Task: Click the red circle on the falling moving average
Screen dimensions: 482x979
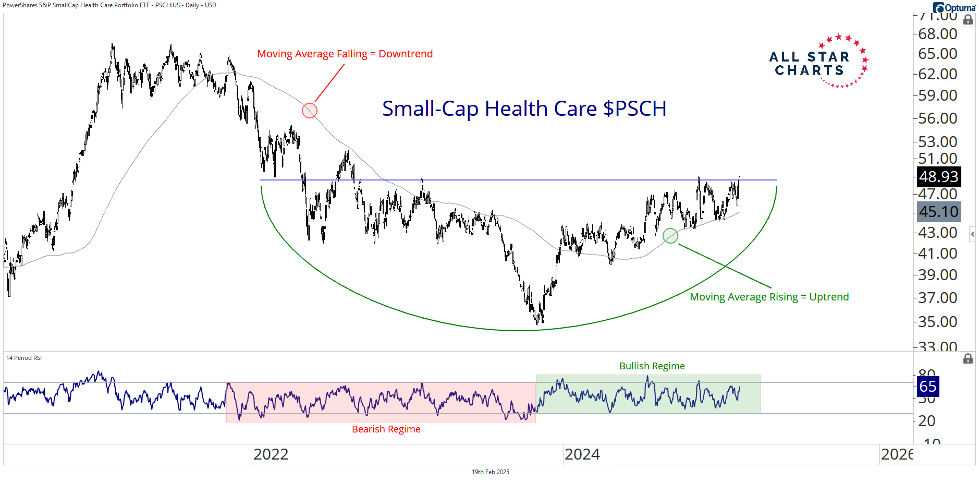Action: pos(310,111)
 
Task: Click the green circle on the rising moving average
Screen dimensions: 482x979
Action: pos(670,236)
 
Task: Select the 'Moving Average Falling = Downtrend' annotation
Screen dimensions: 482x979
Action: pos(345,54)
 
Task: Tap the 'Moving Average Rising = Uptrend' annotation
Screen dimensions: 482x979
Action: pos(769,297)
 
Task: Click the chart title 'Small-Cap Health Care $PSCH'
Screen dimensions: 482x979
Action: pos(524,109)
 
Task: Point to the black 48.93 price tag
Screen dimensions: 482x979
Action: pos(938,177)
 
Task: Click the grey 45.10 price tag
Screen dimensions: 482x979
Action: pos(938,212)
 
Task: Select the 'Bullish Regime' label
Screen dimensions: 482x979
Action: pos(652,366)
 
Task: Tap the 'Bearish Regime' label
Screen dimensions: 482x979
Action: pos(386,429)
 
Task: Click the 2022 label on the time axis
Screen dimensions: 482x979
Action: pos(271,454)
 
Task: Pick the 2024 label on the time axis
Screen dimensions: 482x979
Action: pos(582,454)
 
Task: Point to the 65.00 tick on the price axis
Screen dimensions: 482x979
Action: pos(937,54)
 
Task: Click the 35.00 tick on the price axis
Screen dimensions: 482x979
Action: pos(937,322)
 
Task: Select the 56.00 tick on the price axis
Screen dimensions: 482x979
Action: pos(937,118)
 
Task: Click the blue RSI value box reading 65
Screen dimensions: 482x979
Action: pos(927,387)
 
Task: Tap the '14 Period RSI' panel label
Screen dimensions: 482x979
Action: pos(24,358)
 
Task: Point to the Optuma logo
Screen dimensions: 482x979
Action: pos(954,7)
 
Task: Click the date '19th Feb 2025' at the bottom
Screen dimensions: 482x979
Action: pos(490,472)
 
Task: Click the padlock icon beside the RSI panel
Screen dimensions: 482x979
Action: pos(968,358)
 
